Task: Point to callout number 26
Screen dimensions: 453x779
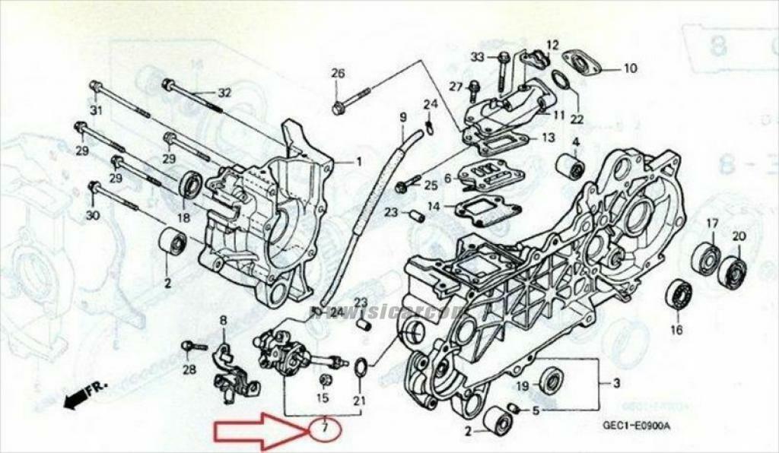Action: (338, 73)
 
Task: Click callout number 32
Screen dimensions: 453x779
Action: (224, 93)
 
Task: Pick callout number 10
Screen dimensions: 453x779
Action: (630, 68)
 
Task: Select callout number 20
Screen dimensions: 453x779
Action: (738, 236)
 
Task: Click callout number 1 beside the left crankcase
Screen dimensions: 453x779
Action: (359, 161)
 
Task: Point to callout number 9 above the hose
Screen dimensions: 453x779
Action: (403, 117)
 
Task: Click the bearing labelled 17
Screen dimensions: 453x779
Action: (707, 257)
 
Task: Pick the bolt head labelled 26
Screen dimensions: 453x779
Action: (339, 109)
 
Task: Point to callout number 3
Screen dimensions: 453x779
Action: (616, 382)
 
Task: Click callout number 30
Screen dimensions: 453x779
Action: (92, 216)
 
